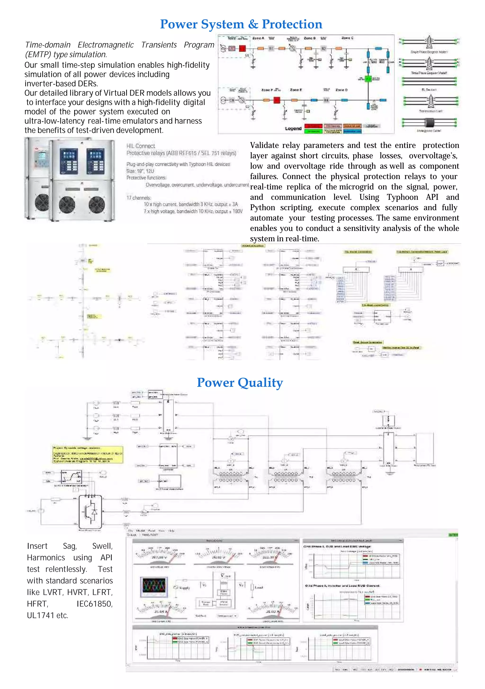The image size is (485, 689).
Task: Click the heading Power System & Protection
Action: click(241, 24)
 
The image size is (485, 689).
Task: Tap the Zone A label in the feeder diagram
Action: click(258, 38)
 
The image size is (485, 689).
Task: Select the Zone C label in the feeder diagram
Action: click(347, 38)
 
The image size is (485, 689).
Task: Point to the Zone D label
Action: click(341, 90)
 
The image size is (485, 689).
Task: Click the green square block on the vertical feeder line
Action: click(368, 79)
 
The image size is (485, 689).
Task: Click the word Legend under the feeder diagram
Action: click(293, 128)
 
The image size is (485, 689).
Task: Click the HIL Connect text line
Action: click(140, 146)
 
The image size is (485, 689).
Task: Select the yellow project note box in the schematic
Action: click(87, 454)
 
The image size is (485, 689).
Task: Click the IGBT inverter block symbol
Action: click(90, 511)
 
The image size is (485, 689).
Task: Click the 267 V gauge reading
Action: click(159, 557)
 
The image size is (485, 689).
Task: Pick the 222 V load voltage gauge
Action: click(269, 557)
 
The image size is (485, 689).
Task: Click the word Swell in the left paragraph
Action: click(102, 546)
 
